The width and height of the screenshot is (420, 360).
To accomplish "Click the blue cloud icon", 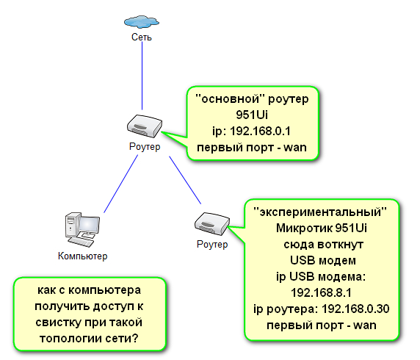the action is [142, 21].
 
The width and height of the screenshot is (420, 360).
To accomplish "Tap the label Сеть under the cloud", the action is [142, 37].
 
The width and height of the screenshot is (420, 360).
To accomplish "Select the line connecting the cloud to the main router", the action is [142, 76].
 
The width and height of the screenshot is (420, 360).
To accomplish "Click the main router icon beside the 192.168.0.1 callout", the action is [145, 126].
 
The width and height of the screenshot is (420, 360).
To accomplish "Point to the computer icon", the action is [82, 230].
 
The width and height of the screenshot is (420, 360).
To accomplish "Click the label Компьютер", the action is [82, 256].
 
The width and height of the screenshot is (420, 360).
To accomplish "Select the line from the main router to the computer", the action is [121, 184].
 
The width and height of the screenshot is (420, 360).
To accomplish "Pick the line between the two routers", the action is [185, 180].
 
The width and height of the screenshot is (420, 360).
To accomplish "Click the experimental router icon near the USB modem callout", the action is [212, 224].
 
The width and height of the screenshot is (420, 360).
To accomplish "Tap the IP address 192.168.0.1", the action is [260, 131].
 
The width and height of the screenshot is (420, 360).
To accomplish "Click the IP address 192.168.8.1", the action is [321, 292].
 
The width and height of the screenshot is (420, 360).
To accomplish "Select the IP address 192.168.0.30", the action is [355, 309].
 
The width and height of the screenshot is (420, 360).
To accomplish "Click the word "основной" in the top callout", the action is [230, 99].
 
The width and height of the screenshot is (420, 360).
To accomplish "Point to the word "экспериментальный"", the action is [320, 212].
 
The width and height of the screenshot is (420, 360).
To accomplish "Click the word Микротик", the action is [304, 228].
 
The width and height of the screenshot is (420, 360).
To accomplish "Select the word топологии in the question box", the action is [70, 339].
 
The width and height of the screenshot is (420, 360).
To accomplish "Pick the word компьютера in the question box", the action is [104, 290].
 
